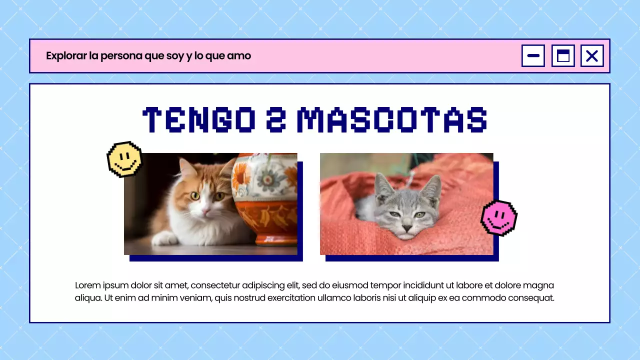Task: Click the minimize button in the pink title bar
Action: pyautogui.click(x=533, y=55)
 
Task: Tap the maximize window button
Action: pyautogui.click(x=563, y=55)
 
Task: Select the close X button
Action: pyautogui.click(x=592, y=55)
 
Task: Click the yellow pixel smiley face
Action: pyautogui.click(x=124, y=159)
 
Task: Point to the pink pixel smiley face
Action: pyautogui.click(x=498, y=217)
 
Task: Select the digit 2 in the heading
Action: pyautogui.click(x=276, y=120)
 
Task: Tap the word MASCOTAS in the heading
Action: pyautogui.click(x=391, y=120)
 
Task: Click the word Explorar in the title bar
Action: pyautogui.click(x=66, y=55)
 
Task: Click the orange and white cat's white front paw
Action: pyautogui.click(x=165, y=239)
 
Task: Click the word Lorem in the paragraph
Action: pyautogui.click(x=87, y=285)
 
